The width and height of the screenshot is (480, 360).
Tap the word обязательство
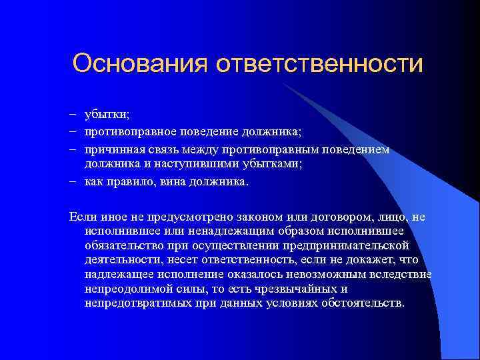(129, 245)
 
